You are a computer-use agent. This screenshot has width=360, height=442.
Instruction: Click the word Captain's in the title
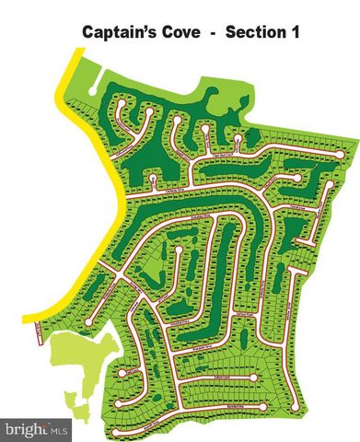pos(119,32)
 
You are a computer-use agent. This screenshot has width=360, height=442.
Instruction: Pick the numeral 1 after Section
pos(300,32)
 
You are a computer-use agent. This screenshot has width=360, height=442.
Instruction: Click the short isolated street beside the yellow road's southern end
pos(38,331)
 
